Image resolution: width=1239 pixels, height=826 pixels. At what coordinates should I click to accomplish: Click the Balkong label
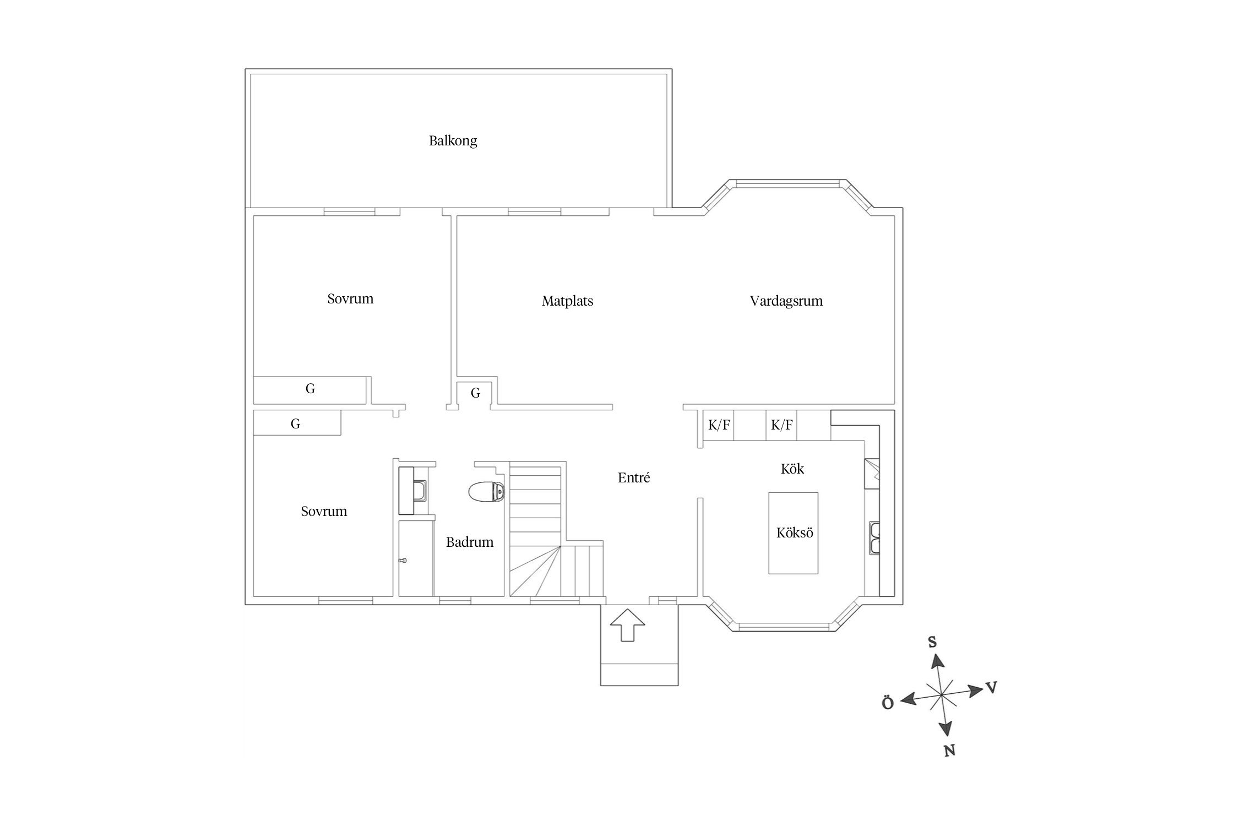pos(453,141)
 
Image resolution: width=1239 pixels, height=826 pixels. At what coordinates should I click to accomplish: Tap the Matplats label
pos(567,301)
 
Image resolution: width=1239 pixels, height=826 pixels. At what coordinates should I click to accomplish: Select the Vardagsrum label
pos(786,301)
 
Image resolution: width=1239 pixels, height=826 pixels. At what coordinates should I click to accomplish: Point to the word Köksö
pos(795,532)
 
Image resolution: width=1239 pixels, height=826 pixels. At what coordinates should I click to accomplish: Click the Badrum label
pos(470,542)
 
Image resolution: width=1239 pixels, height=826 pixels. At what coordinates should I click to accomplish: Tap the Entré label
pos(634,477)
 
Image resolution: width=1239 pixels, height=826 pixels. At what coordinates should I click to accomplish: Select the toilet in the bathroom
pos(486,492)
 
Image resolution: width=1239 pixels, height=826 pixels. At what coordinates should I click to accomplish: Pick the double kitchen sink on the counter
pos(874,537)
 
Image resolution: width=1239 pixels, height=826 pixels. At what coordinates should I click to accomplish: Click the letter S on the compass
pos(932,642)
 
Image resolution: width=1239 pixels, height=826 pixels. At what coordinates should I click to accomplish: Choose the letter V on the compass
pos(991,687)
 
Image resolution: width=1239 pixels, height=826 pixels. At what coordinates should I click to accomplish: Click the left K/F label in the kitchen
pos(719,425)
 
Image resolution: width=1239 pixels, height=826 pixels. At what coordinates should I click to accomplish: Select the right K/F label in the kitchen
pos(782,425)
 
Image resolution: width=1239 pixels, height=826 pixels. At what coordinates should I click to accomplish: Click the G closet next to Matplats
pos(475,393)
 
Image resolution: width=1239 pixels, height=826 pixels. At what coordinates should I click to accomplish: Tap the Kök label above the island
pos(792,469)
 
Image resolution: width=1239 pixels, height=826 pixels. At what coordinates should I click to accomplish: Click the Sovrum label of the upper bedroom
pos(350,299)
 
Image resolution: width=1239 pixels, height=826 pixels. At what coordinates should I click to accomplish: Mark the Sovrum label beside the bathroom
pos(324,512)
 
